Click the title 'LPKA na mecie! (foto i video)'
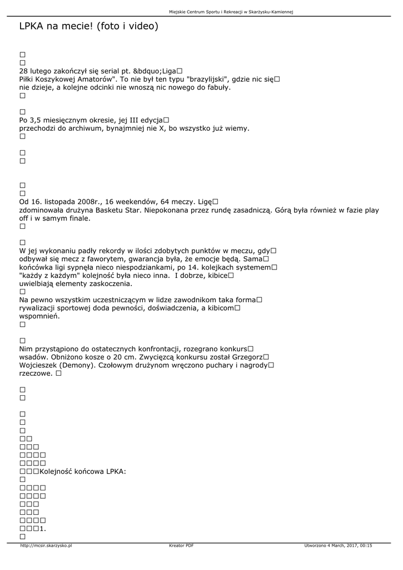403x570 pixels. click(88, 26)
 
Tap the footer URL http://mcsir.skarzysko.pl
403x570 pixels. click(46, 546)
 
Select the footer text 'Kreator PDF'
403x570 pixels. click(181, 546)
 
